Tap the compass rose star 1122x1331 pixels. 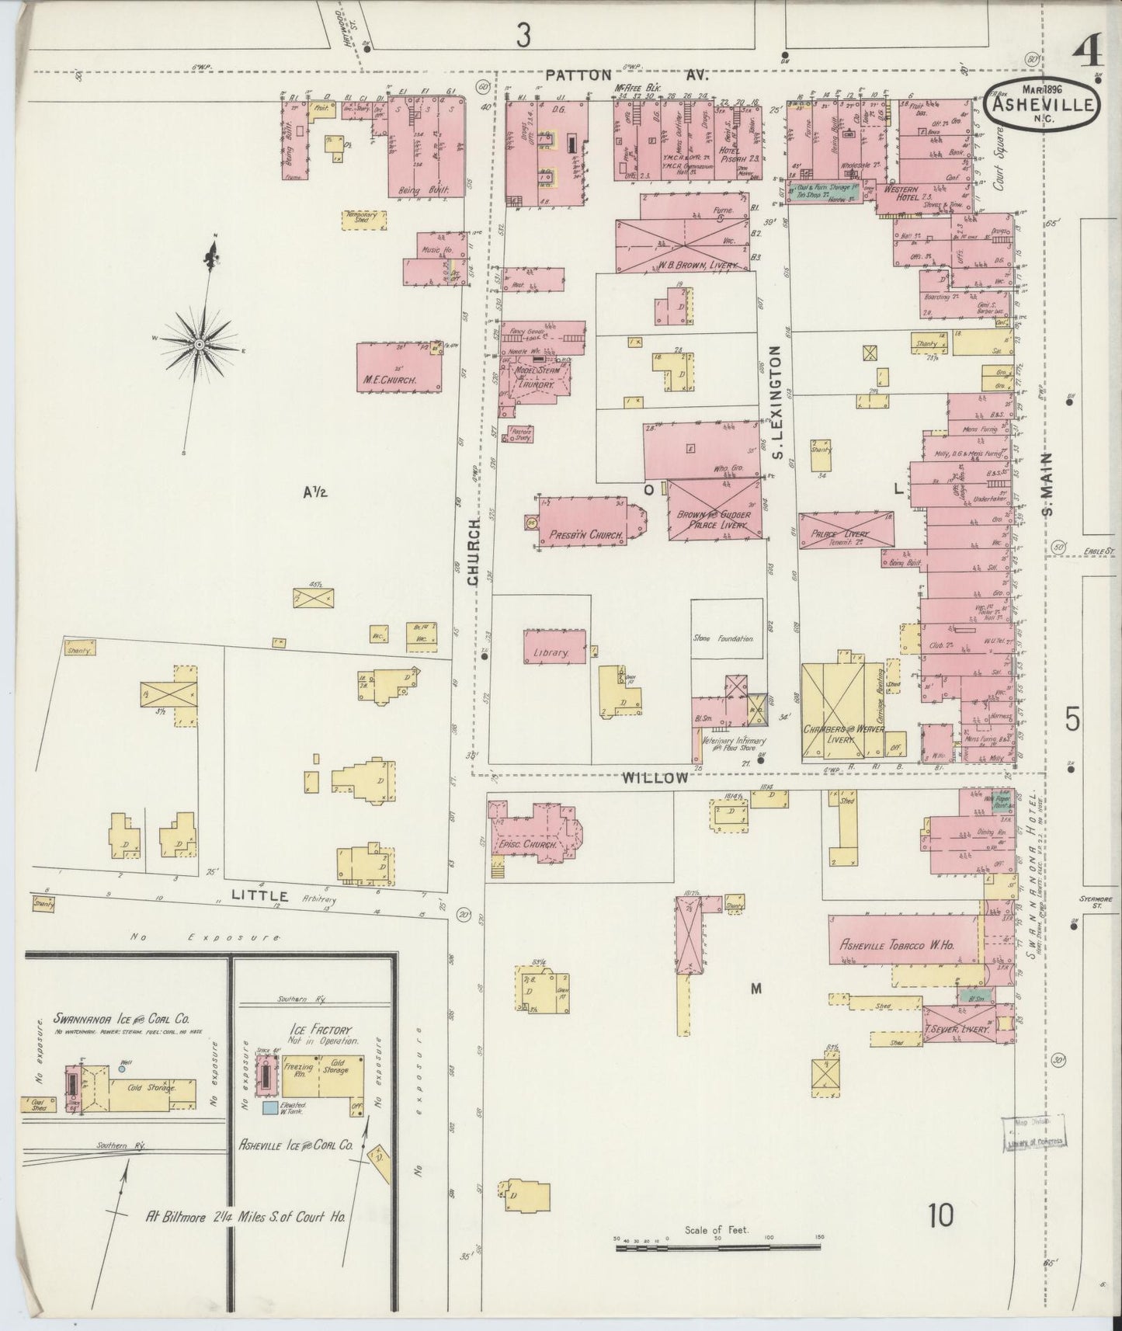click(200, 343)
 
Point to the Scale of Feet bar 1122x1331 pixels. click(717, 1247)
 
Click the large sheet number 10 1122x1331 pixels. click(940, 1215)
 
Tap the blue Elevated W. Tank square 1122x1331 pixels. click(269, 1107)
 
